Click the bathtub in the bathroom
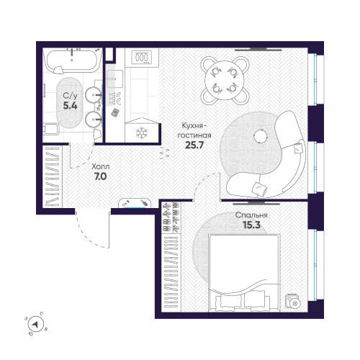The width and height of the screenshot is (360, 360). pos(71,61)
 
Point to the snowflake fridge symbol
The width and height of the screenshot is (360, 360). pos(141,131)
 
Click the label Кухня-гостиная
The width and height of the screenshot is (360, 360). pos(195,131)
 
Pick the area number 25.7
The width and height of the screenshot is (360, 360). pos(195,145)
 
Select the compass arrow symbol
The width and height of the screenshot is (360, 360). pos(37,325)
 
